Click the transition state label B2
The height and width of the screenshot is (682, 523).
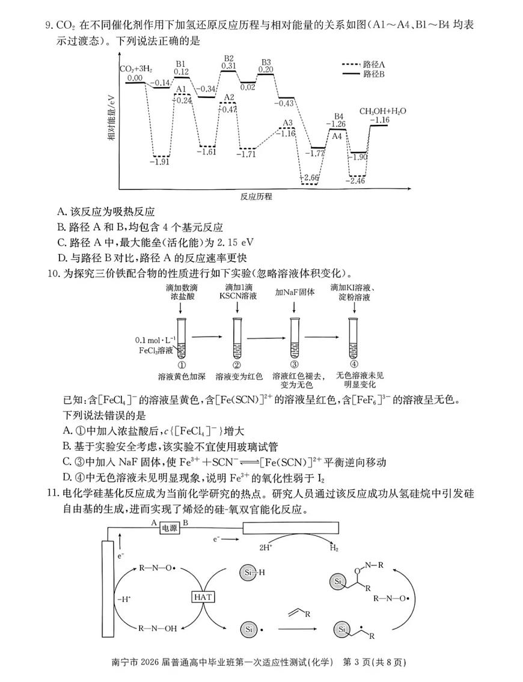(229, 58)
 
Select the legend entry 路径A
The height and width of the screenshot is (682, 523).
(374, 63)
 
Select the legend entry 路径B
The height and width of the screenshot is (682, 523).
(374, 73)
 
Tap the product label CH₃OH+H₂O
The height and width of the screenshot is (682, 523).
(383, 111)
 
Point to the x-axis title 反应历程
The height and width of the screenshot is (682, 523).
(256, 196)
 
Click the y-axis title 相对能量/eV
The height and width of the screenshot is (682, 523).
(112, 120)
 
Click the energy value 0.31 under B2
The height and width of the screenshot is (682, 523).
(228, 66)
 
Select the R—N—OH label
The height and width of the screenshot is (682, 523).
(158, 629)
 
